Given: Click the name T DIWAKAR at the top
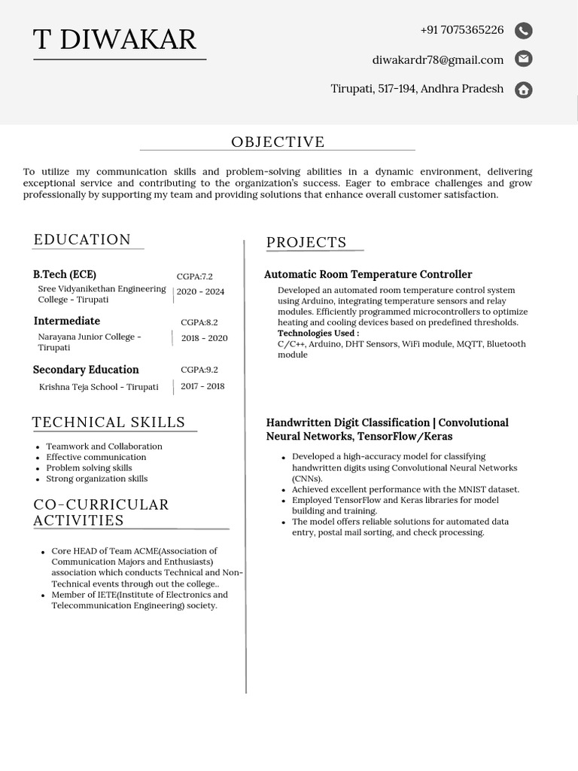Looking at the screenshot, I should coord(114,39).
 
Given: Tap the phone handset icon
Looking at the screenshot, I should coord(523,30).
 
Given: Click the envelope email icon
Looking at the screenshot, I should coord(523,59).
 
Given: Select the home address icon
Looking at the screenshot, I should coord(523,90).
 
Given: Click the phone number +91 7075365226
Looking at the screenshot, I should coord(461,30).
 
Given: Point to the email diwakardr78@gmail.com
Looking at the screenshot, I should coord(437,59).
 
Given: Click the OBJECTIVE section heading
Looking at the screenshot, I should coord(278,142).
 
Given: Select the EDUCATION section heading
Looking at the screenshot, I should coord(82,239).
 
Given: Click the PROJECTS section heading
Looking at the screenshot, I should coord(306,242).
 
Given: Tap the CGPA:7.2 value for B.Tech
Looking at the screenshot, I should coord(194,276).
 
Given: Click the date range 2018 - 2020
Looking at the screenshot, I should coord(204,338).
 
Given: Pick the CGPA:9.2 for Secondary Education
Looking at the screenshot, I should coord(199,370).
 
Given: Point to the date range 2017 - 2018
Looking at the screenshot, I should coord(202,386).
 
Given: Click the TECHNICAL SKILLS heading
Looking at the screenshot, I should coord(108,422).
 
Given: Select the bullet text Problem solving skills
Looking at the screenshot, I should coord(89,468).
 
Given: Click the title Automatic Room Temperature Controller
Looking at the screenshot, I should coord(368,275).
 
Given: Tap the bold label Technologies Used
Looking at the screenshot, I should coord(318,333).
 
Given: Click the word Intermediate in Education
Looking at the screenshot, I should coord(66,321).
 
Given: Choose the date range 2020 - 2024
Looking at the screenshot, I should coord(200,291).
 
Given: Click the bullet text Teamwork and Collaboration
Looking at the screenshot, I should coord(104,446).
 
